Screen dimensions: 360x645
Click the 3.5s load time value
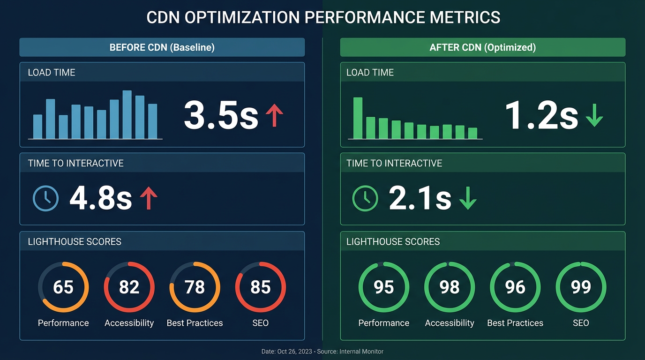pyautogui.click(x=221, y=115)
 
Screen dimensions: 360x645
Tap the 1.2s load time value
pyautogui.click(x=541, y=115)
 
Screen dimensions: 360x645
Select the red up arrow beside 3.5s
pyautogui.click(x=274, y=115)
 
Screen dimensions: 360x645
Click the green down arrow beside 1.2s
pyautogui.click(x=594, y=115)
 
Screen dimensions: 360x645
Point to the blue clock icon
pyautogui.click(x=46, y=198)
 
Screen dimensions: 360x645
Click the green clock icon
pyautogui.click(x=365, y=198)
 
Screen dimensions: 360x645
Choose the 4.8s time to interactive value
pyautogui.click(x=100, y=198)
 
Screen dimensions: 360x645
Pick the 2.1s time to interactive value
pyautogui.click(x=420, y=198)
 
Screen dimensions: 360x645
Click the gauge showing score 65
pyautogui.click(x=63, y=287)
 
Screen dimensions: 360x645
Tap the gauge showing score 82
pyautogui.click(x=129, y=287)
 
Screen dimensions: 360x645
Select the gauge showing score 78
pyautogui.click(x=195, y=287)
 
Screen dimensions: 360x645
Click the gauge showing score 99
pyautogui.click(x=581, y=287)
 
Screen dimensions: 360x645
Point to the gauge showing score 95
pyautogui.click(x=384, y=287)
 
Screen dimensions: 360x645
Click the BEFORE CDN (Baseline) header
pyautogui.click(x=162, y=47)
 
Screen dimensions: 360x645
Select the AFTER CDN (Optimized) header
pyautogui.click(x=483, y=47)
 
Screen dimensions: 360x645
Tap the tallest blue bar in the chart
pyautogui.click(x=127, y=114)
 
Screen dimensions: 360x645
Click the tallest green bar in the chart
pyautogui.click(x=358, y=118)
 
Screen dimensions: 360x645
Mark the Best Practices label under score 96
pyautogui.click(x=515, y=323)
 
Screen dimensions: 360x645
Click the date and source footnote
pyautogui.click(x=322, y=351)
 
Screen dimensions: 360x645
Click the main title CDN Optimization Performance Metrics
pyautogui.click(x=323, y=17)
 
